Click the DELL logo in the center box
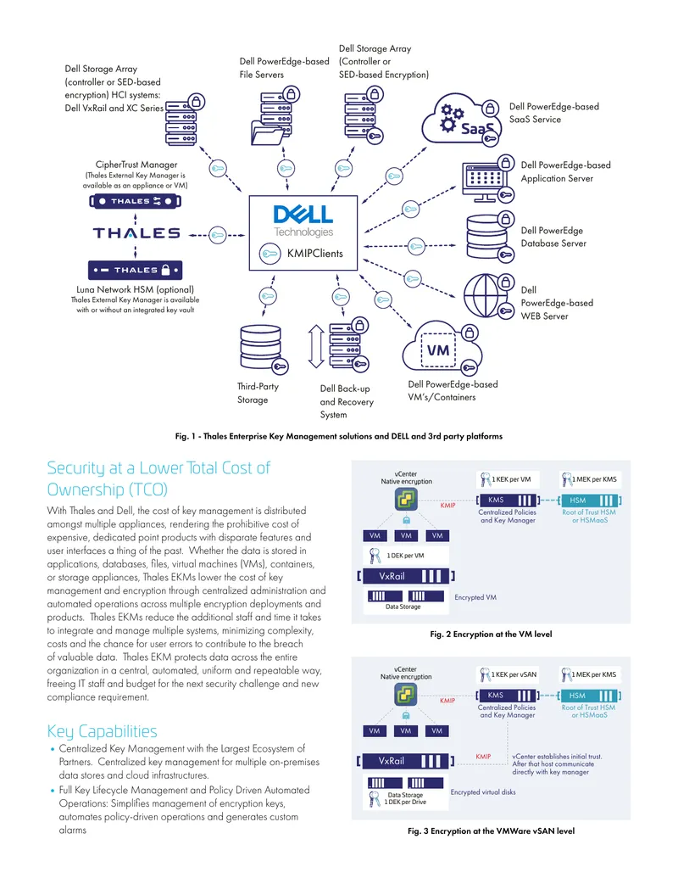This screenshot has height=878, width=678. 303,215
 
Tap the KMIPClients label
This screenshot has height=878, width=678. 315,254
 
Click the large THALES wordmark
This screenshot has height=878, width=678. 136,233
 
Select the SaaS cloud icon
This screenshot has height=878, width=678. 461,120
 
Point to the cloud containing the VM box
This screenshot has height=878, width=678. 442,347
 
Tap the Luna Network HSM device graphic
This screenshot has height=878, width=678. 136,270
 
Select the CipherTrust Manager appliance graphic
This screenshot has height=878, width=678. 136,201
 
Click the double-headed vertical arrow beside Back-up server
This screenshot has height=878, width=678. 316,347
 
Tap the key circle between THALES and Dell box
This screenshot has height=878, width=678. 217,235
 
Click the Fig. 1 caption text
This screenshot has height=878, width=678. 339,436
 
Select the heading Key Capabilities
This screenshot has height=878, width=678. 102,731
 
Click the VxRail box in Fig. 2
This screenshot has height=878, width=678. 406,576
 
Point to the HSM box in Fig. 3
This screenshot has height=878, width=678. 589,696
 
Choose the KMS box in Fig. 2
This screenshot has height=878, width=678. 508,500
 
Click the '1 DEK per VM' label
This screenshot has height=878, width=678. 406,556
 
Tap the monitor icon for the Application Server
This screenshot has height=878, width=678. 484,182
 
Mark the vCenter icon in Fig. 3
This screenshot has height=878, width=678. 406,695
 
